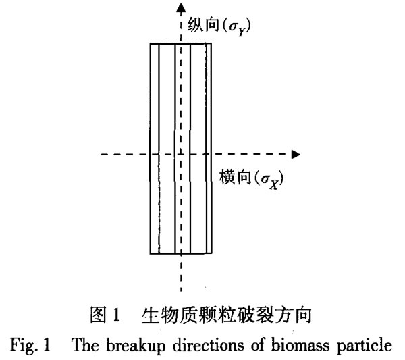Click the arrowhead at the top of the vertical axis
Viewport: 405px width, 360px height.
(x=181, y=7)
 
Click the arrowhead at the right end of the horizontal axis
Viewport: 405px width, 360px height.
(x=296, y=154)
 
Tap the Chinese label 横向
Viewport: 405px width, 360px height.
(x=235, y=177)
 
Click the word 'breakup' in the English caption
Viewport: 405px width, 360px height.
(x=136, y=345)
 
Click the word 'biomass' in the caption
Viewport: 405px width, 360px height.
(x=300, y=344)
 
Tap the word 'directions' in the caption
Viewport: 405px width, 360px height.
(x=208, y=344)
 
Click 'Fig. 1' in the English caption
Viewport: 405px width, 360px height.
(x=30, y=345)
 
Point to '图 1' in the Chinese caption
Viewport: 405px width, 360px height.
(x=105, y=315)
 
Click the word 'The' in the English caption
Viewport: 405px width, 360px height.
(x=85, y=344)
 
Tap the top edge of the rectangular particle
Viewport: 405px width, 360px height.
(x=181, y=43)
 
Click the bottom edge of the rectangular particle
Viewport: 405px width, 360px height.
(x=181, y=253)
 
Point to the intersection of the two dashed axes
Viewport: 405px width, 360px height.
(x=181, y=154)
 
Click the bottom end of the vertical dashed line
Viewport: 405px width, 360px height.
(x=181, y=291)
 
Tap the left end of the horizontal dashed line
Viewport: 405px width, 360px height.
(x=101, y=154)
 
